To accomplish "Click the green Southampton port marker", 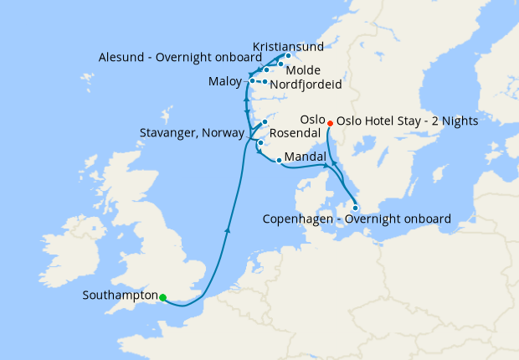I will click(163, 297).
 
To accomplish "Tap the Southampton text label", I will click(121, 296).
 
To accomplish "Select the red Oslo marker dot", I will click(330, 122).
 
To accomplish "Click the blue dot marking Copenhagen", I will click(356, 208).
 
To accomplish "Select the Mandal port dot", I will click(279, 160).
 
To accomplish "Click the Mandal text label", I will click(306, 157).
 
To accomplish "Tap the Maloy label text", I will click(224, 82).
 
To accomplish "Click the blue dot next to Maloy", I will click(252, 81).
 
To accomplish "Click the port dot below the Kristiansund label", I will click(288, 56).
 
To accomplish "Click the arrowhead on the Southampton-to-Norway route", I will click(229, 229).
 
